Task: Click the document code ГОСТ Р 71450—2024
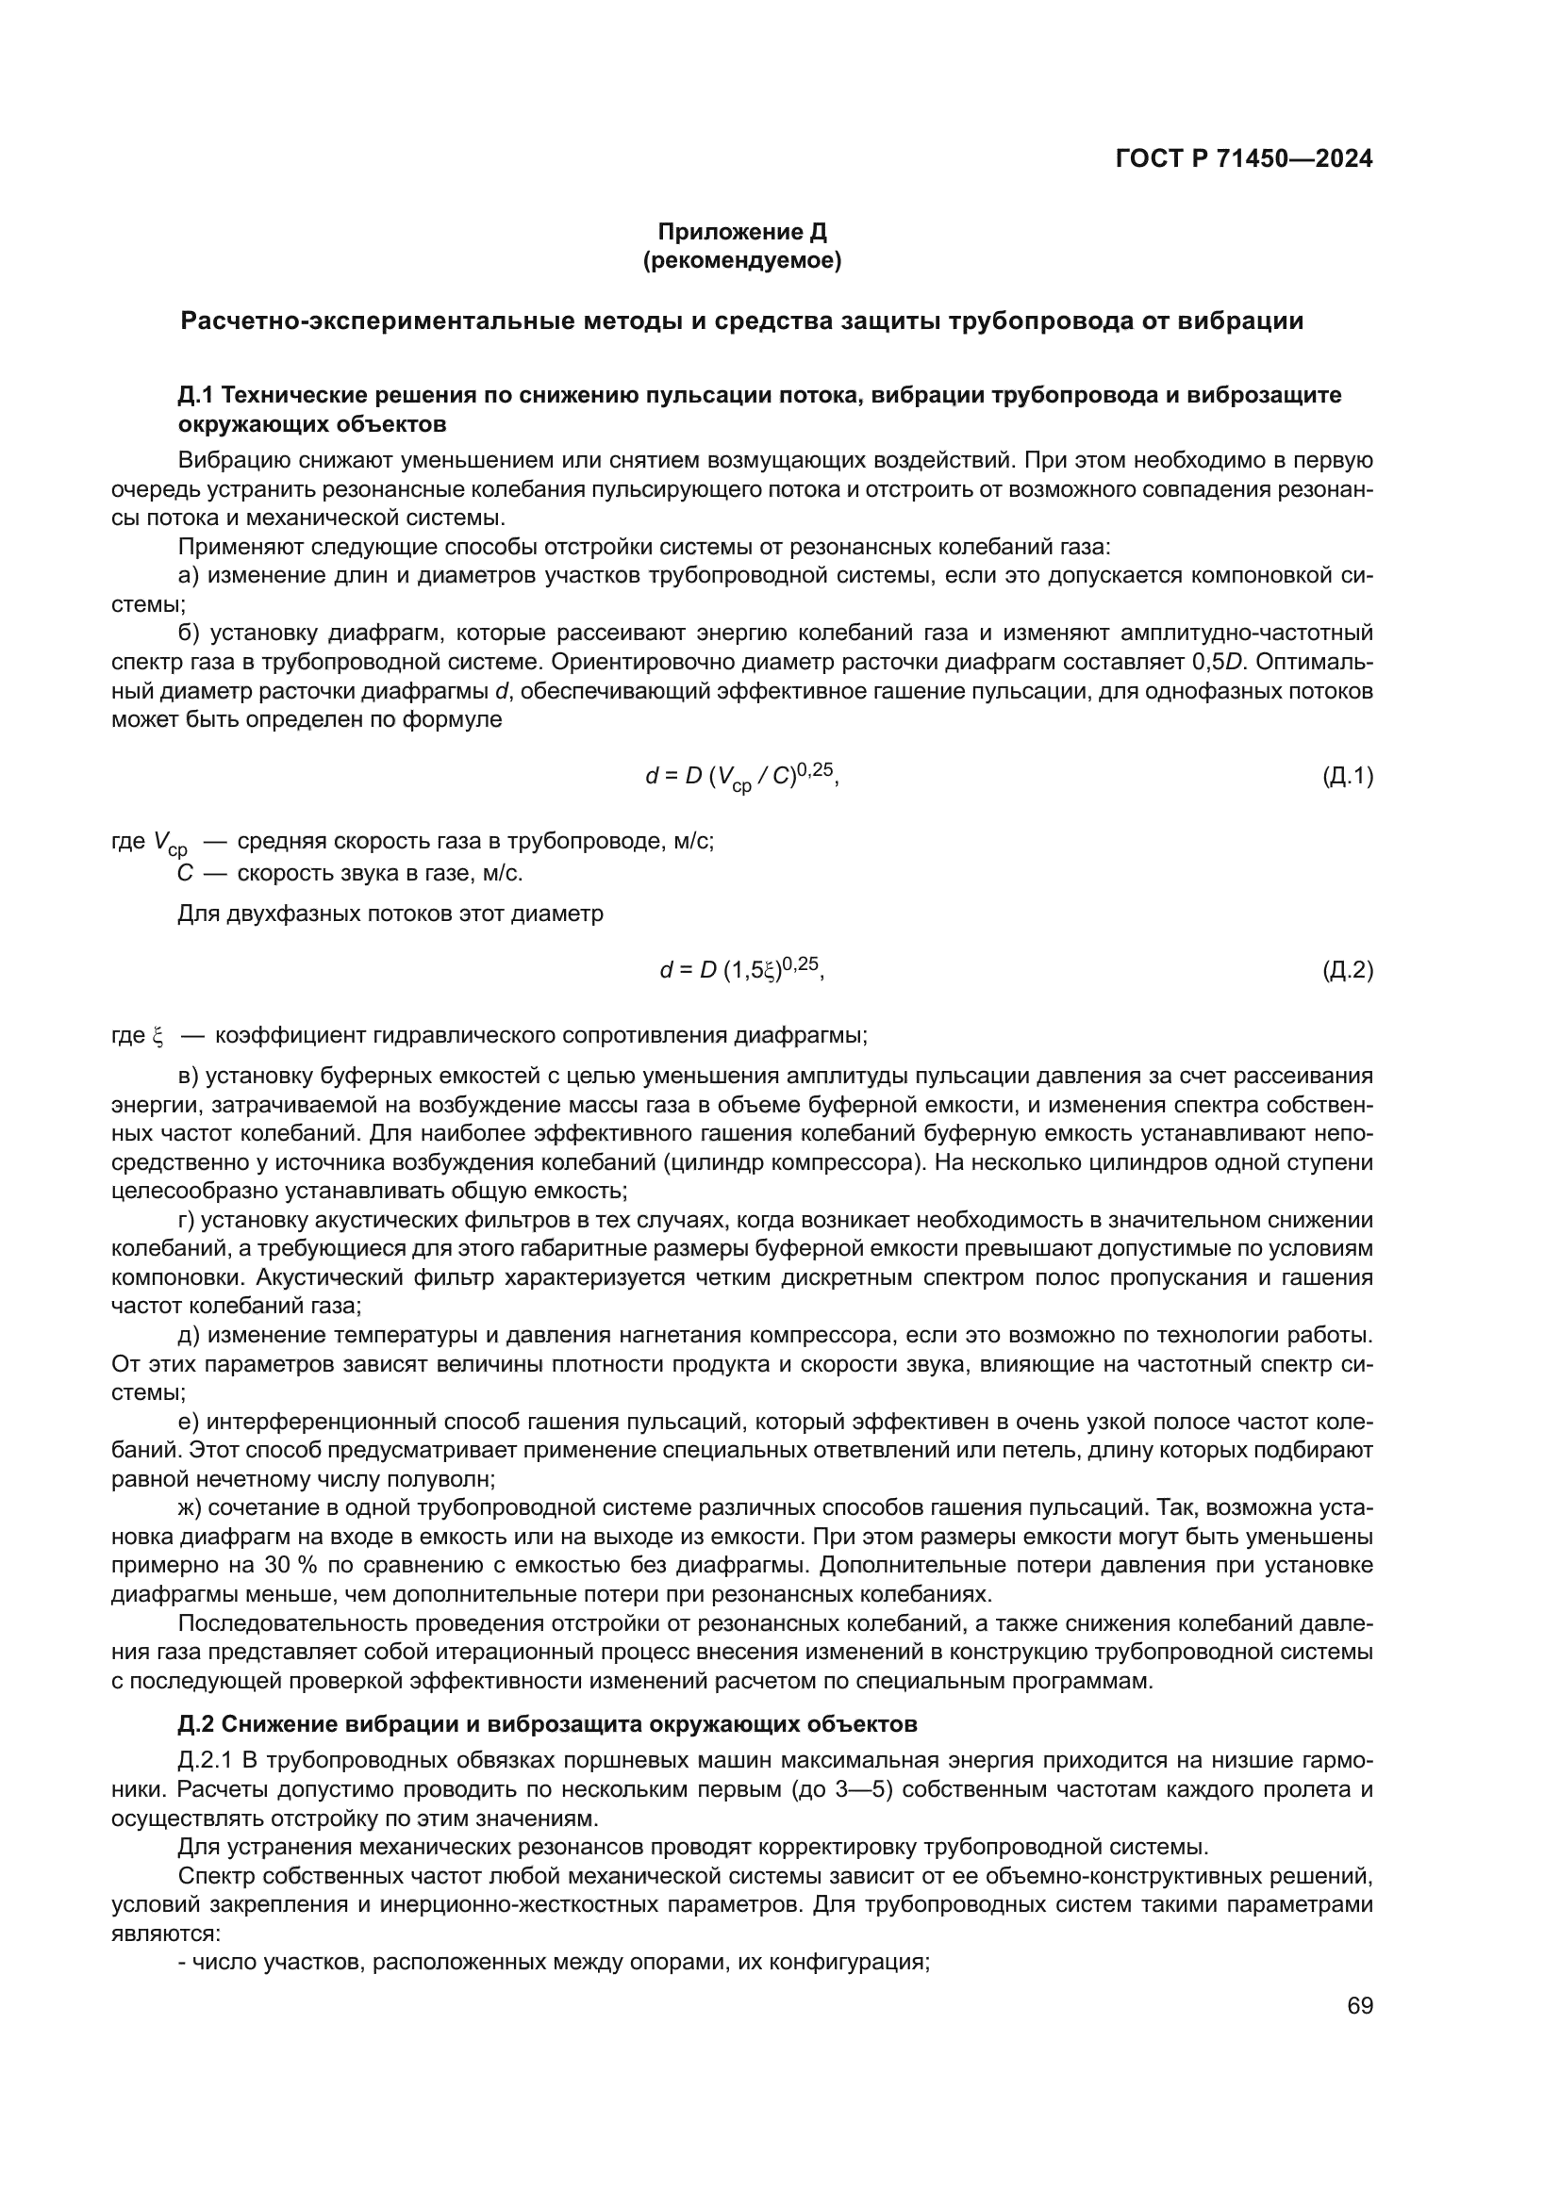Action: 1244,159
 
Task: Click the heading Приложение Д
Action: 741,232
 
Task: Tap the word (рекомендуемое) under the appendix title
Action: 741,261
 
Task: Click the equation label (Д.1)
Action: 1348,776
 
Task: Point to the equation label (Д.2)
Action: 1348,971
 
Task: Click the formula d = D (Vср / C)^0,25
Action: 741,776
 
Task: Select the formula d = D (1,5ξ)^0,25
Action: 741,971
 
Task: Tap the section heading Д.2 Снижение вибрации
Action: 548,1724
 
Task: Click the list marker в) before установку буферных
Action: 189,1077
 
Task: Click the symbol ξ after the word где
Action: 158,1036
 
